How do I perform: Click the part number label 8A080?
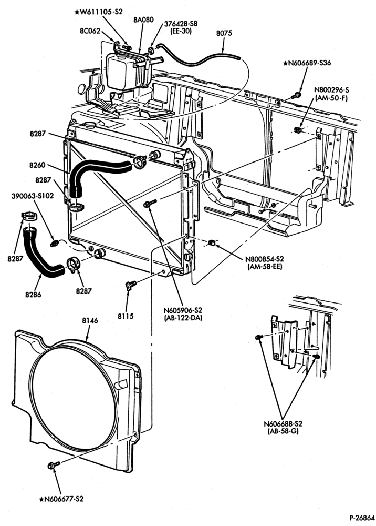click(144, 19)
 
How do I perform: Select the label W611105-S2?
click(98, 12)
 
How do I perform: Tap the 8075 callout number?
click(224, 33)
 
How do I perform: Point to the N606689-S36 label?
click(307, 63)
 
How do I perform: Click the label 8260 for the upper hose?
click(37, 165)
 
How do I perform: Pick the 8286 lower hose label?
click(33, 295)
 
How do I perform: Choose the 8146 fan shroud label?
click(90, 320)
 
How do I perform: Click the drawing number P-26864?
click(362, 517)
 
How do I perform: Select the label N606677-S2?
click(61, 499)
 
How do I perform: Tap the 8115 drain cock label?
click(126, 316)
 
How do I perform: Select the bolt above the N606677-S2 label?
click(54, 465)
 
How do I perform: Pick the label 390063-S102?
click(33, 196)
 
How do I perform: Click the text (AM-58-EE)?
click(265, 267)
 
